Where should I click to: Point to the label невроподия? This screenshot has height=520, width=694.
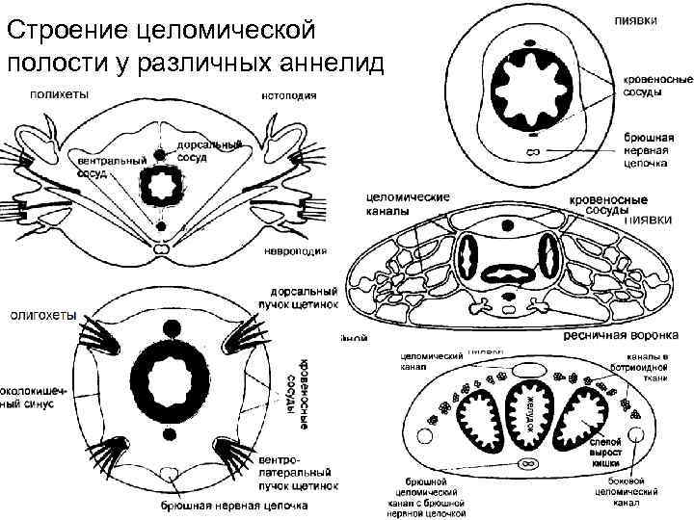point(295,251)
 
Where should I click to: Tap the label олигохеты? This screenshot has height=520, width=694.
point(43,313)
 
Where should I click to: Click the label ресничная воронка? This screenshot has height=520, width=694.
point(621,335)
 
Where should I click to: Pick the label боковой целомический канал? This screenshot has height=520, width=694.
point(627,491)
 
